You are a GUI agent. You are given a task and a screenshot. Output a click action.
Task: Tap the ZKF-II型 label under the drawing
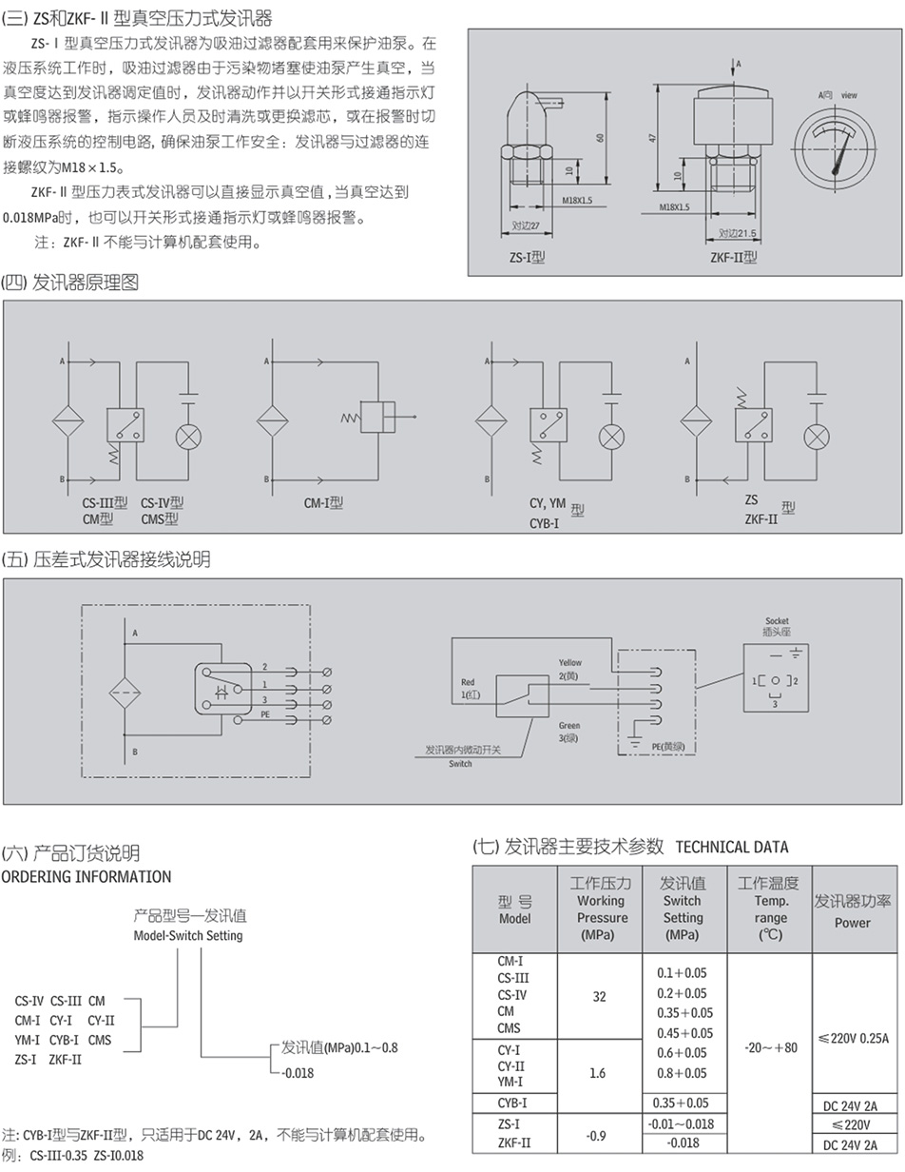click(x=733, y=257)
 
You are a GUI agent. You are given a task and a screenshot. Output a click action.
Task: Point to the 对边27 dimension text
click(x=526, y=226)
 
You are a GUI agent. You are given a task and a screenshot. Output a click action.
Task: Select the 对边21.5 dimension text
click(x=737, y=233)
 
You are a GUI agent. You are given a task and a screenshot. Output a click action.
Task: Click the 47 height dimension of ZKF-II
click(x=653, y=137)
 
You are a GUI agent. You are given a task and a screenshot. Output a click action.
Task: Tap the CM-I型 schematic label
click(x=323, y=503)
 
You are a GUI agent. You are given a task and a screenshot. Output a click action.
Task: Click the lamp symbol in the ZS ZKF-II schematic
click(x=816, y=437)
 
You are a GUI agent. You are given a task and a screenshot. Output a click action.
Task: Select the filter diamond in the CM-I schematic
click(x=272, y=420)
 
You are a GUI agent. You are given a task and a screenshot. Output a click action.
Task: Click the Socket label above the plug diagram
click(x=777, y=621)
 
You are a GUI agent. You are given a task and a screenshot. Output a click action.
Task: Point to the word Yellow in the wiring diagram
click(x=570, y=662)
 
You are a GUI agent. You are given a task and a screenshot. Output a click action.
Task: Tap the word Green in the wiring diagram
click(x=569, y=726)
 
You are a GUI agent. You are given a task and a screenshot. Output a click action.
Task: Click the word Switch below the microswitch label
click(x=460, y=764)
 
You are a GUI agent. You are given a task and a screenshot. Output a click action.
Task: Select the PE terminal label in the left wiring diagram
click(x=266, y=725)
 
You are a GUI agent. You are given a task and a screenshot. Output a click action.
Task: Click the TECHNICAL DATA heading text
click(x=731, y=847)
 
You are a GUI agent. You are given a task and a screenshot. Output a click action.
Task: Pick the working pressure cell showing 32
click(x=599, y=996)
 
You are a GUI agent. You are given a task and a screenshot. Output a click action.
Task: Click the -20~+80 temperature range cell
click(x=770, y=1047)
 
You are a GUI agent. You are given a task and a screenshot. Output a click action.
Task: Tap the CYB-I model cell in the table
click(x=512, y=1104)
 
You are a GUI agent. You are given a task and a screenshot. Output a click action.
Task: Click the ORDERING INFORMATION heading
click(x=87, y=876)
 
